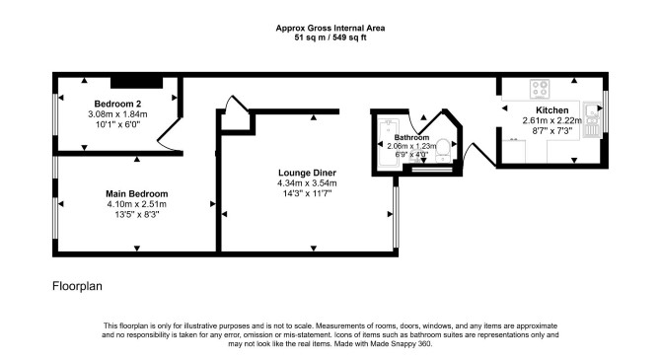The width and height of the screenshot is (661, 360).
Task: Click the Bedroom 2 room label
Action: [x=117, y=104]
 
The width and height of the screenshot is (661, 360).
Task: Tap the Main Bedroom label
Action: [x=136, y=194]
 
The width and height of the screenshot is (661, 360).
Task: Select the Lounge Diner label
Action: [x=307, y=173]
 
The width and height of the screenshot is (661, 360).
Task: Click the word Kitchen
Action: [x=551, y=110]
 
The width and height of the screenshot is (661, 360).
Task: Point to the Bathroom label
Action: [x=411, y=137]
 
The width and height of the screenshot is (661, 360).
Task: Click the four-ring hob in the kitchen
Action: [x=540, y=89]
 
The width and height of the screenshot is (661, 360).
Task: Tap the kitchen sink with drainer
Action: [x=592, y=119]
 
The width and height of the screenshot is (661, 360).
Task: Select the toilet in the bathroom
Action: [x=443, y=151]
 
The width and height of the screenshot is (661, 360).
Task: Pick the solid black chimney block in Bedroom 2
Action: [x=136, y=83]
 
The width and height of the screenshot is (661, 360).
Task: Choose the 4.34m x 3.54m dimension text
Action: [x=307, y=183]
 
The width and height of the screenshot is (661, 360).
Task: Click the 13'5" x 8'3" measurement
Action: [x=136, y=215]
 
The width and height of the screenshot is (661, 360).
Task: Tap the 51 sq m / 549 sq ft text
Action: [x=330, y=37]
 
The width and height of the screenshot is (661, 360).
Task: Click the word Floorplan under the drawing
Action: [x=77, y=286]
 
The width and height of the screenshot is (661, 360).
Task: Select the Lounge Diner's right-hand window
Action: [x=396, y=217]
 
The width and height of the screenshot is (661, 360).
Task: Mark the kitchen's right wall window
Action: [x=606, y=111]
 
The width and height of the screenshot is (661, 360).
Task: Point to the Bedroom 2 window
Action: [x=55, y=114]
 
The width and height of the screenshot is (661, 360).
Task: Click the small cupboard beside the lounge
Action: [x=236, y=121]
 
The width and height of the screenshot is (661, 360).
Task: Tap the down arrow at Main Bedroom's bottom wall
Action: [x=136, y=249]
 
